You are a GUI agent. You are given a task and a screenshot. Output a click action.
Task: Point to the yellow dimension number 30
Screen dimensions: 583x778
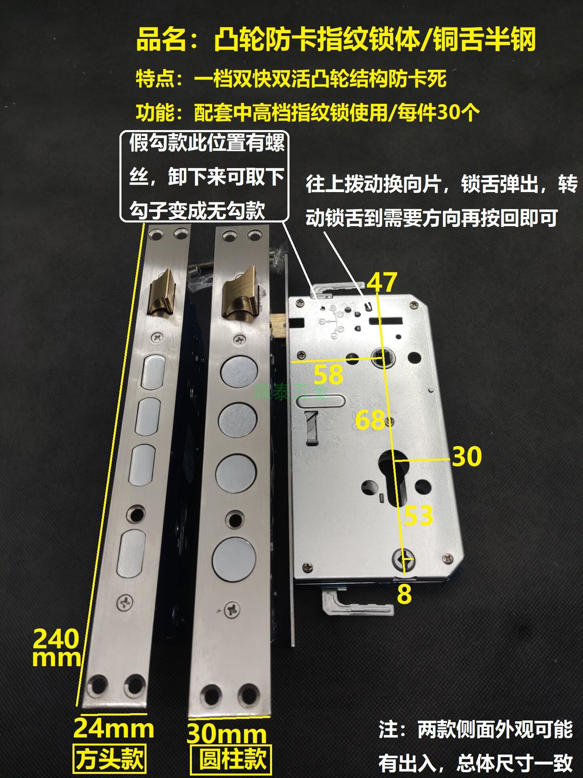[467, 456]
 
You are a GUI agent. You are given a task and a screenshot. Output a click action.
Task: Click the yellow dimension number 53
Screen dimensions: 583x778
[419, 516]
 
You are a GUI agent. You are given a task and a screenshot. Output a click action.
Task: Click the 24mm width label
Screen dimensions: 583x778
[114, 729]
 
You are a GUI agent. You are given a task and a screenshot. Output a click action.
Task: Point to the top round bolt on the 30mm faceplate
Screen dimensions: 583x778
[239, 372]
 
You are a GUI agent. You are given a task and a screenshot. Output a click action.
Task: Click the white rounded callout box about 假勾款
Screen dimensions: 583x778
[204, 176]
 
